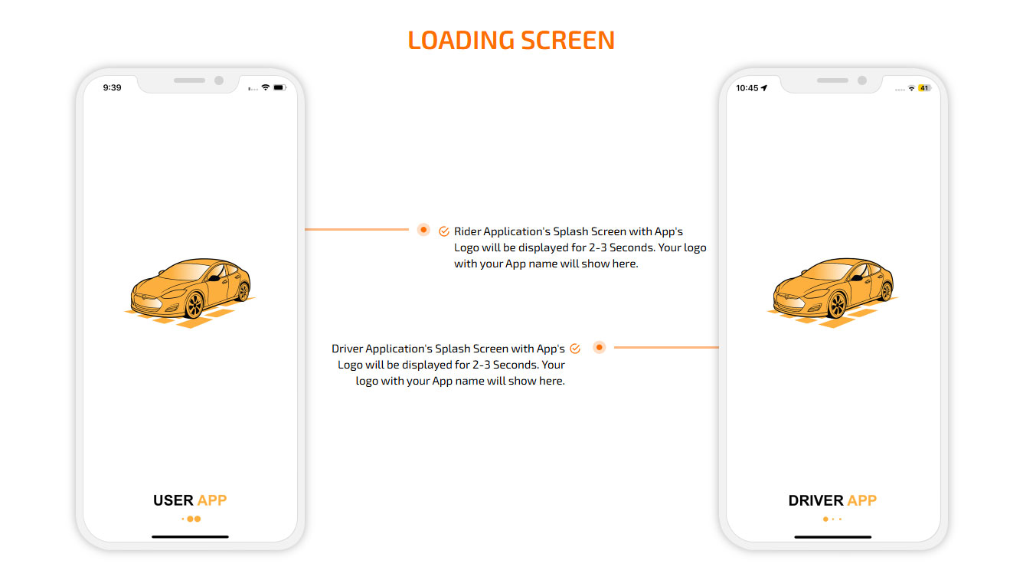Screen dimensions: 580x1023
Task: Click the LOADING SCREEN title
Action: click(x=511, y=40)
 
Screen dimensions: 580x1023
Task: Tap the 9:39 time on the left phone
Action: click(x=112, y=88)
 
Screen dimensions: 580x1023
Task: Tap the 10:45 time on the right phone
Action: click(x=747, y=88)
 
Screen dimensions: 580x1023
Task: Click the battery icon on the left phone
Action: click(x=279, y=88)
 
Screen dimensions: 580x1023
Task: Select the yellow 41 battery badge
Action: click(x=924, y=88)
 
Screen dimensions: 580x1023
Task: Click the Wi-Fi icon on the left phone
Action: click(x=265, y=88)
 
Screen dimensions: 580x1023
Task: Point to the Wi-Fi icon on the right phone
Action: click(x=911, y=88)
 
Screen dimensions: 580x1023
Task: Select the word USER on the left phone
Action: click(x=173, y=501)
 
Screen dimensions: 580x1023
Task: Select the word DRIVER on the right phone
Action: click(x=815, y=501)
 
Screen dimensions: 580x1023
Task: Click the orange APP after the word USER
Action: click(x=212, y=501)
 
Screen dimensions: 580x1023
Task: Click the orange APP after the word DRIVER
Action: click(x=862, y=501)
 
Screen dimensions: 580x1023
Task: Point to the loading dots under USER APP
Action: click(x=191, y=519)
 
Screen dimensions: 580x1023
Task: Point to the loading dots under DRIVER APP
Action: click(x=832, y=519)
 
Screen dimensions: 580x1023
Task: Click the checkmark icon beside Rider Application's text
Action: click(x=444, y=231)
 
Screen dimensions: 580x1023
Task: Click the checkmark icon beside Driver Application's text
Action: click(x=575, y=349)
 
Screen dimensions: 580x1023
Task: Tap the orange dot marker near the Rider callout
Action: click(x=423, y=230)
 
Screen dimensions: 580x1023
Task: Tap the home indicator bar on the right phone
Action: click(x=832, y=537)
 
